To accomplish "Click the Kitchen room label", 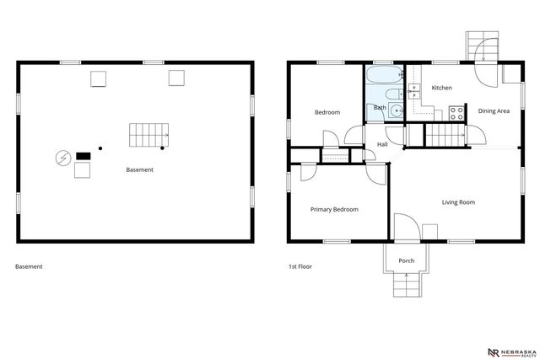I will point(442,88).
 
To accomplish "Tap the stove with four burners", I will point(457,110).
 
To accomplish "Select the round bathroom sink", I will point(397,110).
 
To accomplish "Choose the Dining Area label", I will point(494,111).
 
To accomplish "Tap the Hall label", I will point(382,144).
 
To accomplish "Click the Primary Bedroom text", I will point(334,209).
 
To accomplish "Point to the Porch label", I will point(407,261).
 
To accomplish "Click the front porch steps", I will point(407,287).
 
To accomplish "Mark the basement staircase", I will point(148,134).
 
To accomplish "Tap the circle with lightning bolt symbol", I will point(62,158).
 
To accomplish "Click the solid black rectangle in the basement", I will point(83,155).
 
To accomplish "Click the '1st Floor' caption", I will point(300,266).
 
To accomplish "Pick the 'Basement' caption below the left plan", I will point(29,266).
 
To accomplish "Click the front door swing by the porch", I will point(404,226).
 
